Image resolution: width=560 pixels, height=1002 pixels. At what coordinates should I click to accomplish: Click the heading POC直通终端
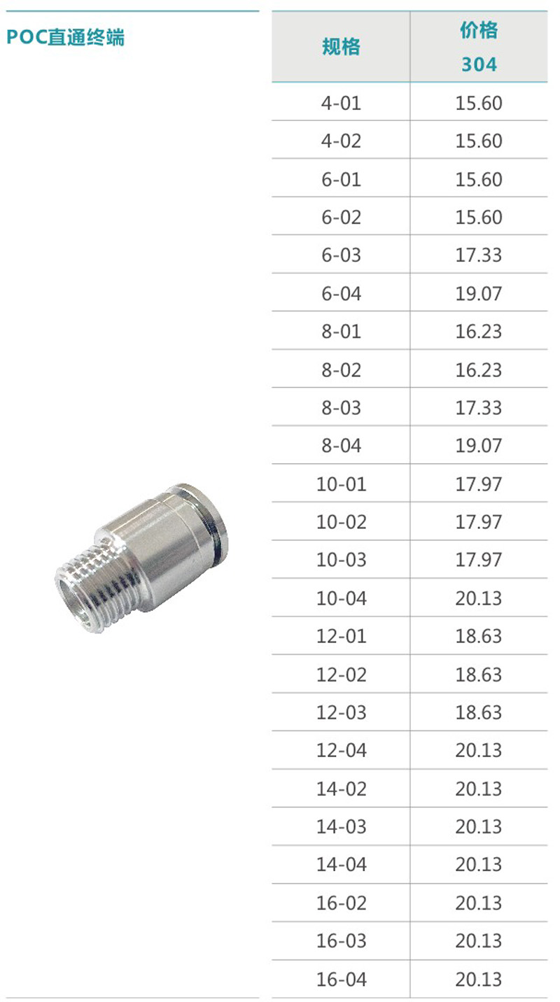click(65, 37)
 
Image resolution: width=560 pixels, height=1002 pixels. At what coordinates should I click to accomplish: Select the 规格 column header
click(341, 46)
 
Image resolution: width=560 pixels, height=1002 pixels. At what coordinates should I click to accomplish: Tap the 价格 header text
click(479, 30)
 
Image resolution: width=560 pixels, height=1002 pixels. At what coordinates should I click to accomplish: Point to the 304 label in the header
click(479, 64)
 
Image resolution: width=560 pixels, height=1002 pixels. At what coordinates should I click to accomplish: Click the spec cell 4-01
click(341, 104)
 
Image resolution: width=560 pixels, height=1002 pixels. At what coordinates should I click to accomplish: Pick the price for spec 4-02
click(479, 141)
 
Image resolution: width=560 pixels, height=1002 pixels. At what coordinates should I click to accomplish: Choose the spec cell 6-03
click(341, 255)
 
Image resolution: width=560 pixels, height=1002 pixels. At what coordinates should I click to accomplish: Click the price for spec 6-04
click(479, 294)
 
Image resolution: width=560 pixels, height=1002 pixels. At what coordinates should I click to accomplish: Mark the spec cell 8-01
click(341, 332)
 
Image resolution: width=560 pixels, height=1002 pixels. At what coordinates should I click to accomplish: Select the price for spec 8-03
click(479, 408)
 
